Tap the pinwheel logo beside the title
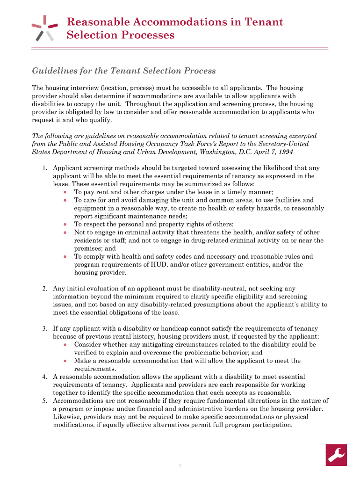tap(44, 28)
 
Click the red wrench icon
tap(336, 455)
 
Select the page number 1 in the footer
tap(180, 465)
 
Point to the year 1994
tap(286, 152)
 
